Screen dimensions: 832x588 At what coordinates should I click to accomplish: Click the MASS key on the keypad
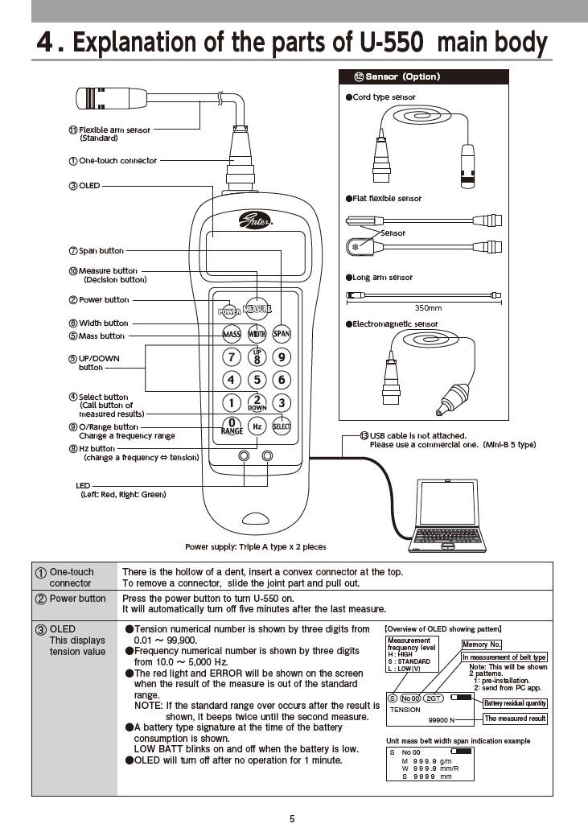tap(232, 333)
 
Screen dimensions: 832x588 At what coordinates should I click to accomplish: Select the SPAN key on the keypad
tap(282, 333)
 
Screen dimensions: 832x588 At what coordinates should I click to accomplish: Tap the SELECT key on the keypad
tap(282, 426)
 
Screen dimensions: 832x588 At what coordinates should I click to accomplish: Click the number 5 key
tap(257, 380)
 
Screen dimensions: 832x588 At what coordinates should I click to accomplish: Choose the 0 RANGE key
tap(232, 426)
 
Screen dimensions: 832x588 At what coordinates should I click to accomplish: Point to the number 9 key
tap(282, 356)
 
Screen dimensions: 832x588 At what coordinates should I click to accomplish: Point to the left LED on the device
tap(244, 456)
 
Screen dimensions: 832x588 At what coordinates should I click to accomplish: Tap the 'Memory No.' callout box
tap(482, 645)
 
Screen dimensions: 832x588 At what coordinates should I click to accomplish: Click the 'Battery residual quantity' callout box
tap(515, 703)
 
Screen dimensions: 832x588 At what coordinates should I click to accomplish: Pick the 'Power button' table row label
tap(77, 599)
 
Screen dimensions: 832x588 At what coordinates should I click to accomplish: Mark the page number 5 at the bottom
tap(292, 819)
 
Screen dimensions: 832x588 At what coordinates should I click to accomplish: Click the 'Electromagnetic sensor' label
tap(395, 324)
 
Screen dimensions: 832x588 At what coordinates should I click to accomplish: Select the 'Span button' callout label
tap(101, 251)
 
